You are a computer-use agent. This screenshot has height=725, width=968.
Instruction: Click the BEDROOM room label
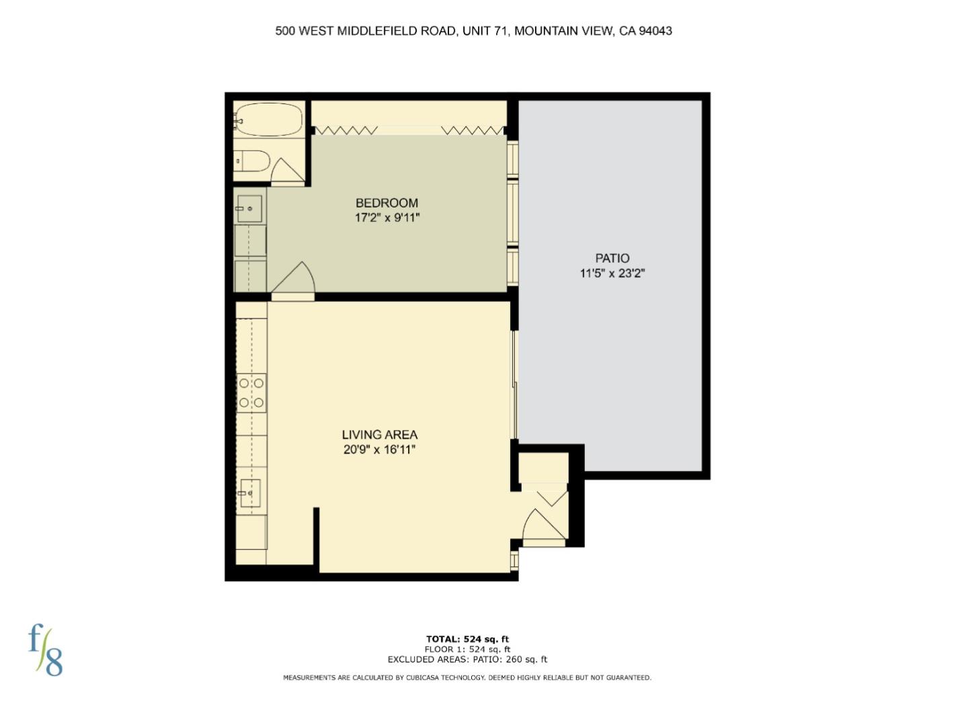pyautogui.click(x=387, y=203)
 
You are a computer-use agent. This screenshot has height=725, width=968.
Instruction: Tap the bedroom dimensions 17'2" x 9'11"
pyautogui.click(x=387, y=218)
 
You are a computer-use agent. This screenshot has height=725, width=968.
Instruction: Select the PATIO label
pyautogui.click(x=612, y=258)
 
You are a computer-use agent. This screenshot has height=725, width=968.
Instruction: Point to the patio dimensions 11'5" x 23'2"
pyautogui.click(x=612, y=273)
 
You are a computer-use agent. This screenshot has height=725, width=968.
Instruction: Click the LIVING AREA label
pyautogui.click(x=379, y=435)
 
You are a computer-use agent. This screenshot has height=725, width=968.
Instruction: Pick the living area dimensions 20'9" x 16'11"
pyautogui.click(x=379, y=450)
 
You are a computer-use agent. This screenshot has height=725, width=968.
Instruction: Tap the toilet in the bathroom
pyautogui.click(x=253, y=161)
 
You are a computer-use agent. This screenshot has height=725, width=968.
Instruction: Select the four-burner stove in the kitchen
pyautogui.click(x=251, y=393)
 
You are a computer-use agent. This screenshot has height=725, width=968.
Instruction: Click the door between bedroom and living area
pyautogui.click(x=294, y=281)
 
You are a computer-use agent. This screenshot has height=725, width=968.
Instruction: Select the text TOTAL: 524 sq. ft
pyautogui.click(x=467, y=639)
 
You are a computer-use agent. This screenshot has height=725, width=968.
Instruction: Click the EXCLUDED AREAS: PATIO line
pyautogui.click(x=467, y=659)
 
